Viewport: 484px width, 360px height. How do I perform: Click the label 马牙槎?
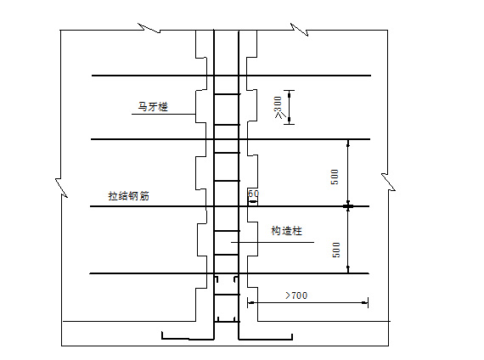pos(153,107)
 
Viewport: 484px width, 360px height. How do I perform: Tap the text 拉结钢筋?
pos(129,196)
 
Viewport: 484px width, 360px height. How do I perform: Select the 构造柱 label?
pos(286,231)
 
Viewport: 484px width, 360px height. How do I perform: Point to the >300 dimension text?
pos(279,107)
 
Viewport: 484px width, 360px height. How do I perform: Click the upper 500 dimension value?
pos(335,177)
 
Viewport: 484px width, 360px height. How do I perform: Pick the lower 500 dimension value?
pos(336,250)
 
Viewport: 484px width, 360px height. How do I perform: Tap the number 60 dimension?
pos(253,194)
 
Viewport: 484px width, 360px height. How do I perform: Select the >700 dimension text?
pos(296,295)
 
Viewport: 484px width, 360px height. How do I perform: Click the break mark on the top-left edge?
pos(149,28)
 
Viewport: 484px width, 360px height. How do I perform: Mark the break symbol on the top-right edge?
pos(300,30)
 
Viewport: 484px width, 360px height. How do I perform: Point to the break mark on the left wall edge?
pos(61,188)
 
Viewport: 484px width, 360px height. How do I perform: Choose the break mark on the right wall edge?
pos(388,183)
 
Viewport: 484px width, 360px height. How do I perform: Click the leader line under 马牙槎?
pos(164,115)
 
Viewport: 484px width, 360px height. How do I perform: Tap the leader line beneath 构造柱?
pos(273,242)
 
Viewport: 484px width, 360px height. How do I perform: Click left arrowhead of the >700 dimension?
pos(251,303)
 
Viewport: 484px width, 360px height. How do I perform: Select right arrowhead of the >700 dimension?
pos(364,303)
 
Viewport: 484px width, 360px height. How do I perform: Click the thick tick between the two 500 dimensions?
pos(348,206)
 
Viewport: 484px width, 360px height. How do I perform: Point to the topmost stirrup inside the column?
pos(227,94)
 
